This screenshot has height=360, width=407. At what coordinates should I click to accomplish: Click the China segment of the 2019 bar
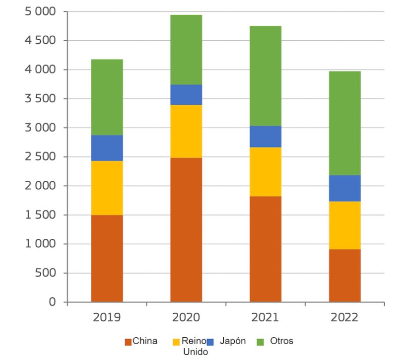[107, 258]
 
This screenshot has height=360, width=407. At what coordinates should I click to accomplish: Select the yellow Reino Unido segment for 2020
[186, 131]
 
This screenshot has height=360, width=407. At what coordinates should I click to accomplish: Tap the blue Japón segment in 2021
[265, 137]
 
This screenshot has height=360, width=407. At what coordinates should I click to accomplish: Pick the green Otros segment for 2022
[344, 123]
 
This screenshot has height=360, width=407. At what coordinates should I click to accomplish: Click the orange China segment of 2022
[344, 276]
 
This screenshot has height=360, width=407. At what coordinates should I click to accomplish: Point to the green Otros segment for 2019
[107, 97]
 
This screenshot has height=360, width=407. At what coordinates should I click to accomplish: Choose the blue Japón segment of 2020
[186, 95]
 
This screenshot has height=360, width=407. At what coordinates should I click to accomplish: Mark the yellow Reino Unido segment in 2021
[265, 172]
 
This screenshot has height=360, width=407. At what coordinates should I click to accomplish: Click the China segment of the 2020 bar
[186, 230]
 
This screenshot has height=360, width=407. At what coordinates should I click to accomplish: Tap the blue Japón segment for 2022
[344, 188]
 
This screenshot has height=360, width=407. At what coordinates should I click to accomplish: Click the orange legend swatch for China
[128, 342]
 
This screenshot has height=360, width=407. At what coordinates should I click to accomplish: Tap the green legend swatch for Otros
[259, 342]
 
